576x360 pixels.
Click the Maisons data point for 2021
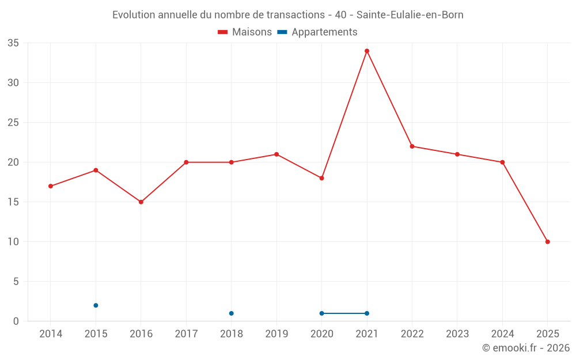coord(367,51)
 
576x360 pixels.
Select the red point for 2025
coord(547,242)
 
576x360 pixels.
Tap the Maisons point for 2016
coord(141,202)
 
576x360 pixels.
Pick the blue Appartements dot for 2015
coord(96,305)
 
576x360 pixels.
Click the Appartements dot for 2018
coord(232,313)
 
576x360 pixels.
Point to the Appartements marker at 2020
coord(321,313)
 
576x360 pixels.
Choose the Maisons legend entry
coord(245,32)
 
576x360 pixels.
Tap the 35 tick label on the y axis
coord(13,43)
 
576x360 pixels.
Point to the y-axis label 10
coord(13,242)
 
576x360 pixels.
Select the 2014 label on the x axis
coord(51,334)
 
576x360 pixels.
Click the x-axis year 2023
coord(457,334)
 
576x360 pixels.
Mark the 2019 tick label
coord(276,334)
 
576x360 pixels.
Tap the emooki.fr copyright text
coord(525,348)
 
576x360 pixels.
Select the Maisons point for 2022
coord(412,146)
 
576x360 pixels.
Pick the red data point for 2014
coord(51,186)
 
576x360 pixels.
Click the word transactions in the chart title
coord(295,15)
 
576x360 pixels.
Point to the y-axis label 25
coord(13,123)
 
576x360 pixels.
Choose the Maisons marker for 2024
coord(502,162)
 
